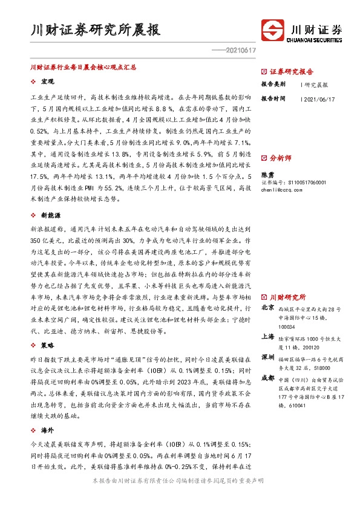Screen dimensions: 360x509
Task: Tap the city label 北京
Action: click(267, 307)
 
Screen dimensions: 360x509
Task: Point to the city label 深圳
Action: click(267, 358)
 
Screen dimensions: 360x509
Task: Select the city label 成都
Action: click(267, 378)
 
